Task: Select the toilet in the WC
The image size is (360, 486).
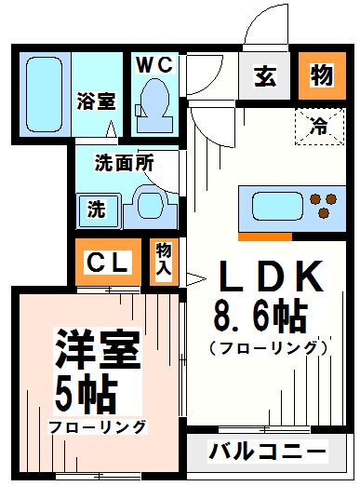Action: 153,102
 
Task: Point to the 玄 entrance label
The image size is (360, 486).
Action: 265,76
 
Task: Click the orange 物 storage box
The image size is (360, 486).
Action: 321,76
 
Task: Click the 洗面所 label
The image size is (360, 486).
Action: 123,160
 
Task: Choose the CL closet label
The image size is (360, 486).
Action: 108,263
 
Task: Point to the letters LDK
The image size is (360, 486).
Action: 270,277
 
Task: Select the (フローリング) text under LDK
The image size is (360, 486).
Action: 269,349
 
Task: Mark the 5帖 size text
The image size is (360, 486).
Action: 86,394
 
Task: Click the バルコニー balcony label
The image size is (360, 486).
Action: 267,453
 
